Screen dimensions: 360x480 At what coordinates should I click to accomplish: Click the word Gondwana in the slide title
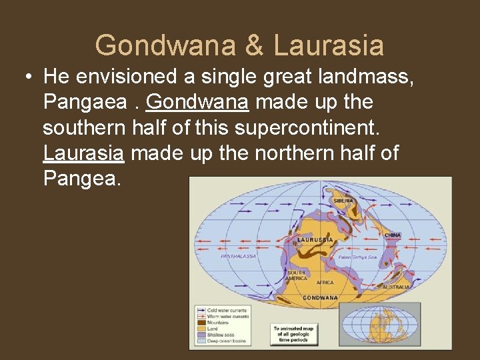(165, 45)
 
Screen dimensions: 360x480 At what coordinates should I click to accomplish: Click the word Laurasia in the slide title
(329, 45)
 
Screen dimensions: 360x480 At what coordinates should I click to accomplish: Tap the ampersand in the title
(253, 45)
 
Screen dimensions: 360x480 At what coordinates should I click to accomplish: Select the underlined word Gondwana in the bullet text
(197, 103)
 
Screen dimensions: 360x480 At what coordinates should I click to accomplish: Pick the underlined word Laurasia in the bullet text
(83, 153)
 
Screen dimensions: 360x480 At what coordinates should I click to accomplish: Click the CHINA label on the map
(393, 235)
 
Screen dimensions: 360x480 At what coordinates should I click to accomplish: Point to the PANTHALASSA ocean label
(238, 256)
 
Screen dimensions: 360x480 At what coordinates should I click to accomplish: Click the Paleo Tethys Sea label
(357, 257)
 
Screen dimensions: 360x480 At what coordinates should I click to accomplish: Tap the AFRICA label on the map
(325, 283)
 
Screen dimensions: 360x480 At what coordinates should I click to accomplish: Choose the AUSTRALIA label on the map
(396, 287)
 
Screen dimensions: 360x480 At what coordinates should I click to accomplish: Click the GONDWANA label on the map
(321, 297)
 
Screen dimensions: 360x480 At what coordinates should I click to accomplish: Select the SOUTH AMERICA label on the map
(297, 275)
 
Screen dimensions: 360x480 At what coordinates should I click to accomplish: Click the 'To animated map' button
(294, 335)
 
